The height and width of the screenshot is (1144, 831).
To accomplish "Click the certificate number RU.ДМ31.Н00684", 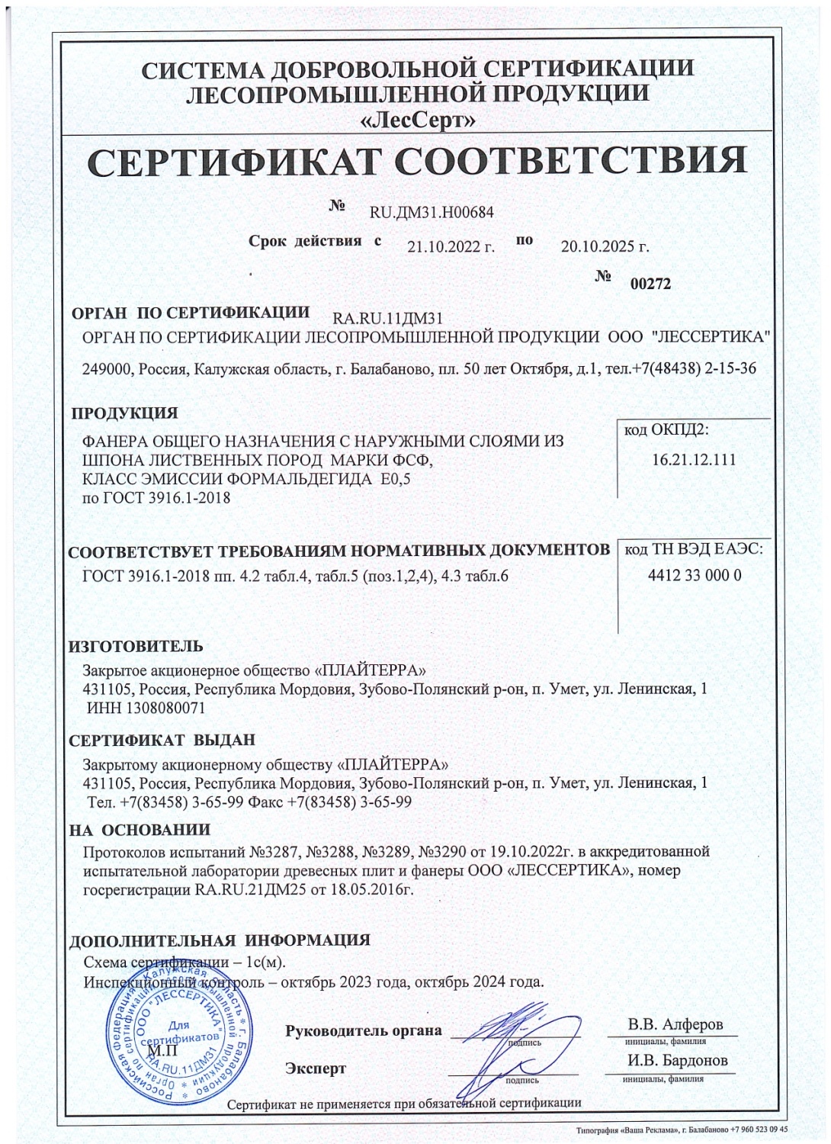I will click(x=432, y=213).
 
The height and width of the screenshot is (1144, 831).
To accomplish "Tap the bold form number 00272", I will click(x=650, y=284).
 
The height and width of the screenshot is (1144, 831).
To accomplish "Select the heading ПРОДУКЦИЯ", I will click(x=124, y=414).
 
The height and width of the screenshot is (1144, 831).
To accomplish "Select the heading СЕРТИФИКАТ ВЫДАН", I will click(x=162, y=741).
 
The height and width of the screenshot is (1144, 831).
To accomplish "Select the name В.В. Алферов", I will click(x=675, y=1023).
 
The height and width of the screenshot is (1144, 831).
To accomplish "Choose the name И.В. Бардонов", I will click(x=677, y=1061).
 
